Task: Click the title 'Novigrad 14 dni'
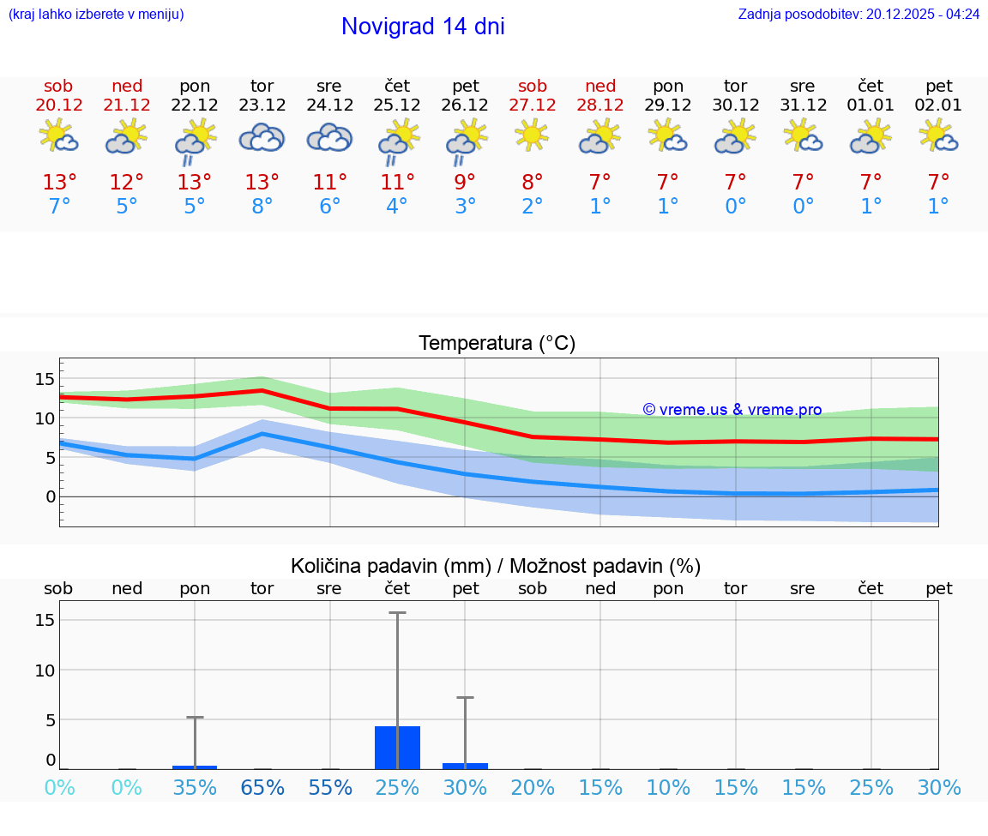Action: (x=423, y=27)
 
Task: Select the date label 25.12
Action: (x=397, y=105)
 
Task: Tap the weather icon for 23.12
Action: (x=262, y=137)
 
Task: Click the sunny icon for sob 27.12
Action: (x=532, y=135)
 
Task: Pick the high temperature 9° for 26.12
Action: (x=465, y=182)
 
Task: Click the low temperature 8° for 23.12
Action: (x=262, y=207)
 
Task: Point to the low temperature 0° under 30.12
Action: (x=735, y=207)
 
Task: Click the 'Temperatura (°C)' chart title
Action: (x=497, y=344)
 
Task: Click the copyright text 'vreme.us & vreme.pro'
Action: (x=732, y=410)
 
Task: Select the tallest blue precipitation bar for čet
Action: (x=397, y=748)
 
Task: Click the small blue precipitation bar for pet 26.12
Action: (x=465, y=766)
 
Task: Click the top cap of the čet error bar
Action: (x=397, y=613)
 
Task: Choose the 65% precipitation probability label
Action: (x=262, y=788)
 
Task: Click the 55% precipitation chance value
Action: (x=329, y=788)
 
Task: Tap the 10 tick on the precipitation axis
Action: (x=45, y=670)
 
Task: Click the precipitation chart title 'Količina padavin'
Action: (x=496, y=566)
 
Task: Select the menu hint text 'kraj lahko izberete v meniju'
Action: (x=95, y=14)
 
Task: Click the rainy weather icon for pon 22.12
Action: (x=195, y=141)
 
